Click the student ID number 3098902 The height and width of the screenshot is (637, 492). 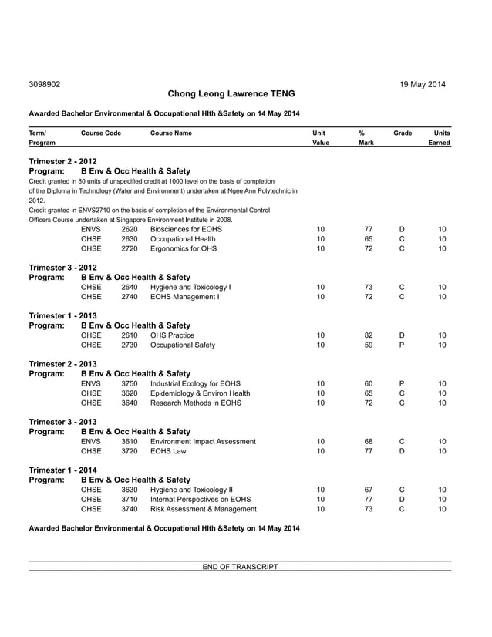click(45, 84)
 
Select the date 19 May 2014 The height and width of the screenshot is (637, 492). click(422, 84)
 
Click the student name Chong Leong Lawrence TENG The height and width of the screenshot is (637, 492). click(231, 94)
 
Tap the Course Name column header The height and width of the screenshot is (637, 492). click(171, 133)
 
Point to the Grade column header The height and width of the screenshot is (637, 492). click(403, 133)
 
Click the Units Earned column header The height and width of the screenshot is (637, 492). click(442, 138)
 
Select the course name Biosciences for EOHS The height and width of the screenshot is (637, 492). click(186, 229)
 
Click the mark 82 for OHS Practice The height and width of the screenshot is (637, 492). click(369, 335)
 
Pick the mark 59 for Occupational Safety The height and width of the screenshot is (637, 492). click(369, 345)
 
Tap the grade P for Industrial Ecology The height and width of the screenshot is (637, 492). click(402, 383)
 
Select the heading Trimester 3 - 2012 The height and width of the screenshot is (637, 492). click(62, 267)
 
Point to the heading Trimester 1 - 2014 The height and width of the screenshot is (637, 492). click(62, 469)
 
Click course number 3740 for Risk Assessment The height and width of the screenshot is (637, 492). click(130, 508)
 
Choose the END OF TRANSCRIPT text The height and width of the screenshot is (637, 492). click(240, 567)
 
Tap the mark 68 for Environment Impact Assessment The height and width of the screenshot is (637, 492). click(369, 441)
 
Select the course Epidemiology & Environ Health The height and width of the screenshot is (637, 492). click(200, 393)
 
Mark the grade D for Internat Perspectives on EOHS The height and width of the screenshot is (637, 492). click(402, 499)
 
